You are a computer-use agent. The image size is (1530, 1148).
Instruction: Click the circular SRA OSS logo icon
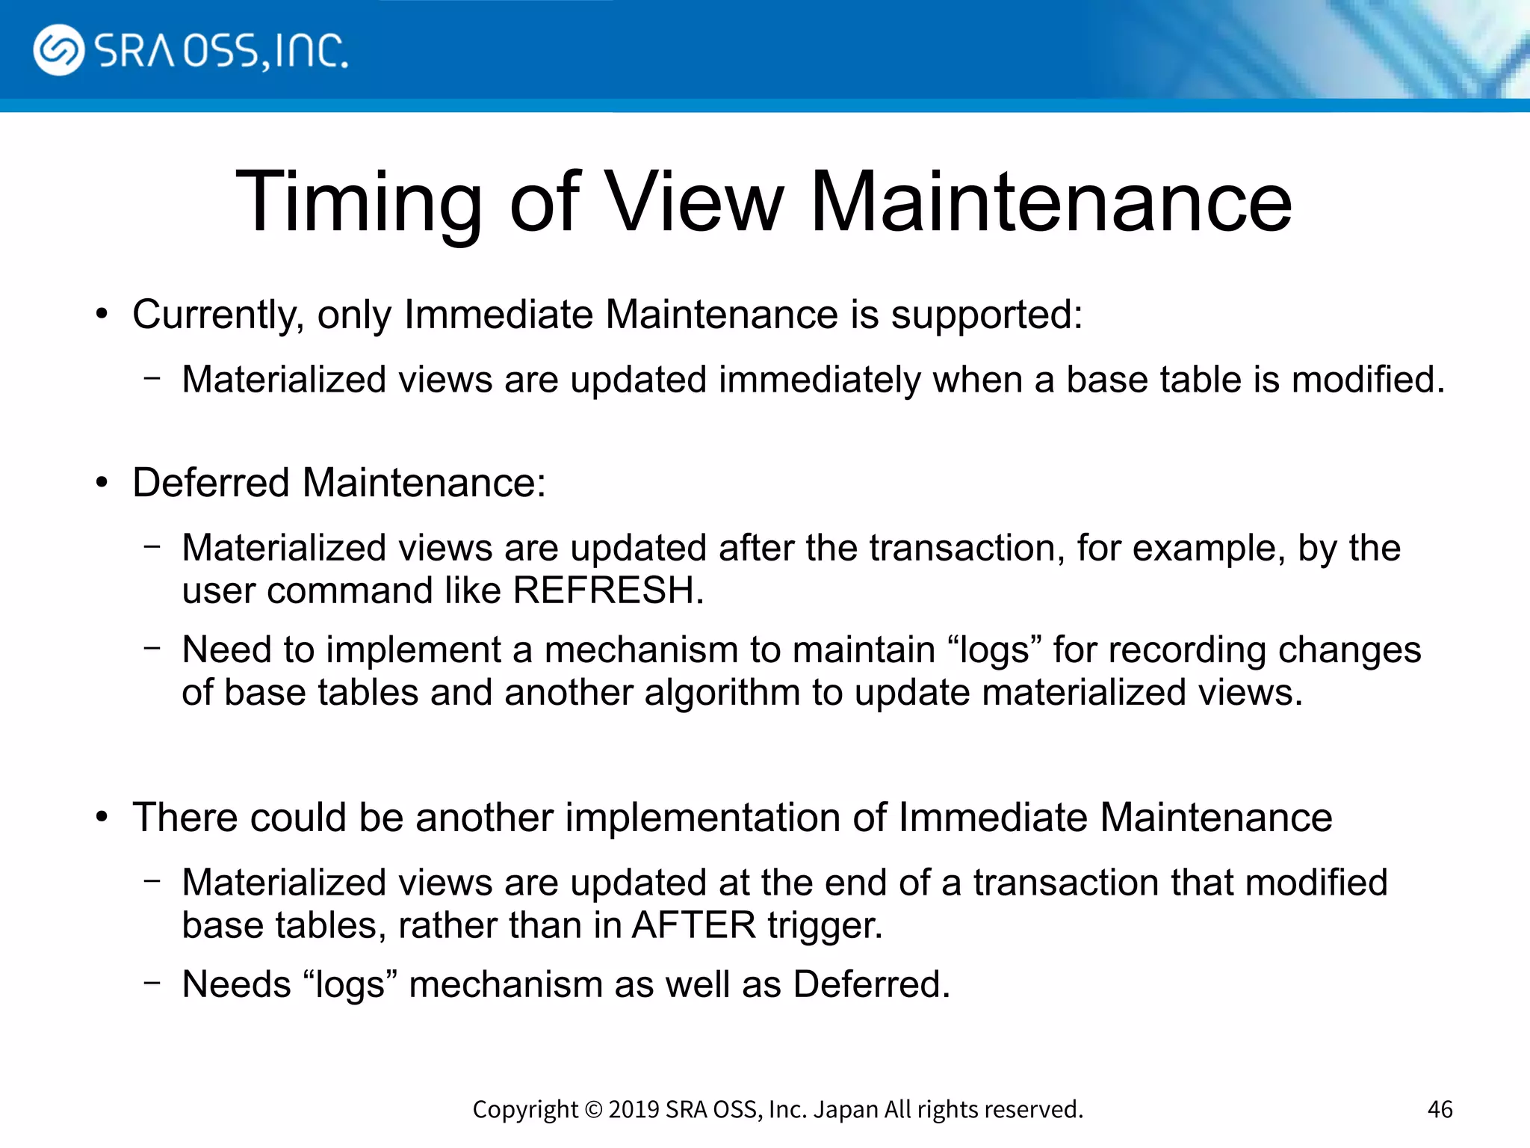coord(58,50)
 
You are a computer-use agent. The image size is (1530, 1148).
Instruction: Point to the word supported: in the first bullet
coord(987,315)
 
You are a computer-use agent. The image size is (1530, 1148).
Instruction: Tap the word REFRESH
coord(608,590)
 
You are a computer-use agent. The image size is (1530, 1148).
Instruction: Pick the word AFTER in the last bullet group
coord(694,925)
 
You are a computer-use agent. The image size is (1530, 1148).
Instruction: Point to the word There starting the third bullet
coord(185,817)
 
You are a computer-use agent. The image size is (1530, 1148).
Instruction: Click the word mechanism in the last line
coord(506,984)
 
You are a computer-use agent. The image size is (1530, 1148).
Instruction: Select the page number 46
coord(1440,1109)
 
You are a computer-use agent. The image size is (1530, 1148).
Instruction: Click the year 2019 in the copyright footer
coord(634,1109)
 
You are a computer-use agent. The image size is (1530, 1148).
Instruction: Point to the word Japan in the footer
coord(846,1109)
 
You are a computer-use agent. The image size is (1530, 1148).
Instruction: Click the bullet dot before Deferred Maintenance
coord(103,483)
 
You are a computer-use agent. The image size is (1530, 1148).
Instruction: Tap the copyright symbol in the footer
coord(593,1109)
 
